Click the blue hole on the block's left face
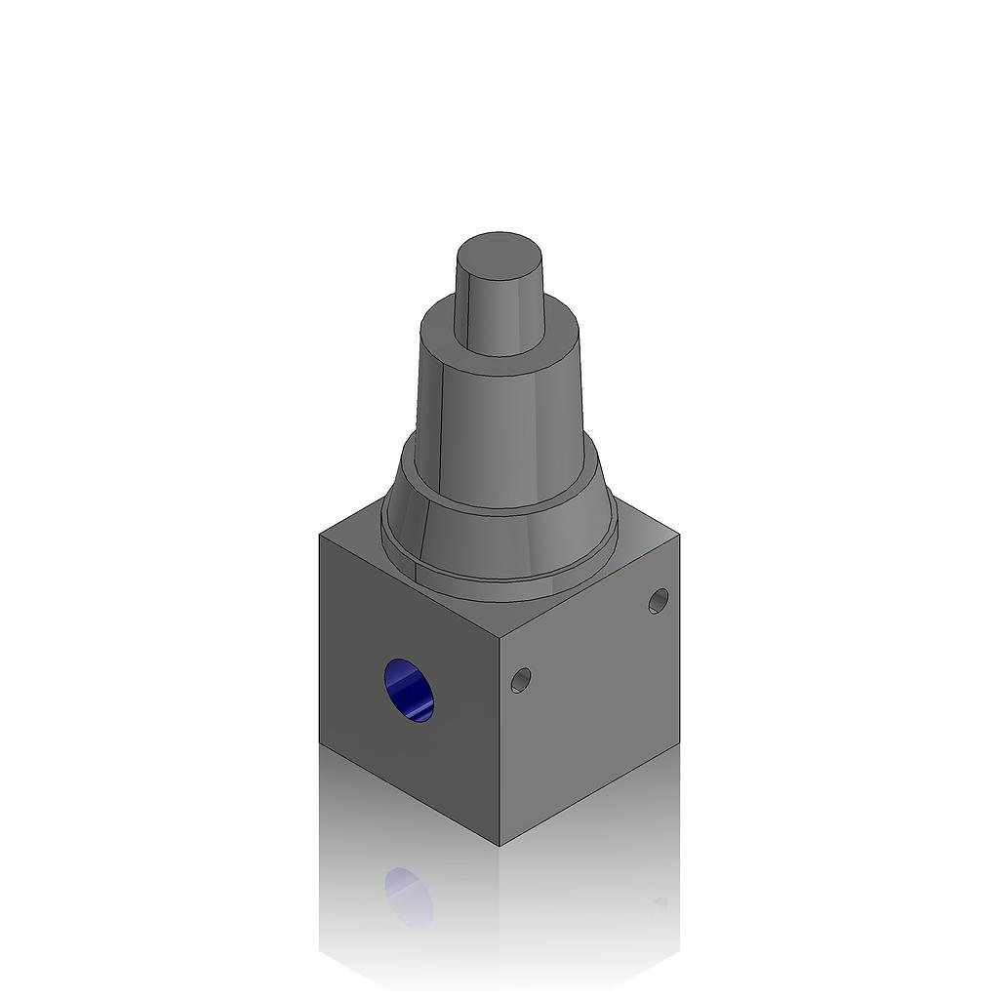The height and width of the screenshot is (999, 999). (x=409, y=691)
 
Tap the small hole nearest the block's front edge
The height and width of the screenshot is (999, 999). (x=521, y=680)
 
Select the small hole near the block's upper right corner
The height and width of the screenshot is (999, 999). (x=659, y=601)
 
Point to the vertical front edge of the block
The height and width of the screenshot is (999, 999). (x=499, y=741)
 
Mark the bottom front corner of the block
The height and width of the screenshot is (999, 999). (x=499, y=845)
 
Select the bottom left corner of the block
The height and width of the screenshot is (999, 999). (x=320, y=743)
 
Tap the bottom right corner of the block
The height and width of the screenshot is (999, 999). (x=679, y=743)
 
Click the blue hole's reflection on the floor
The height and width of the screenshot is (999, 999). (x=409, y=896)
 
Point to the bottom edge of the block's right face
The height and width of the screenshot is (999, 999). (x=589, y=794)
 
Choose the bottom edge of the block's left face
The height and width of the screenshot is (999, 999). (x=410, y=794)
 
